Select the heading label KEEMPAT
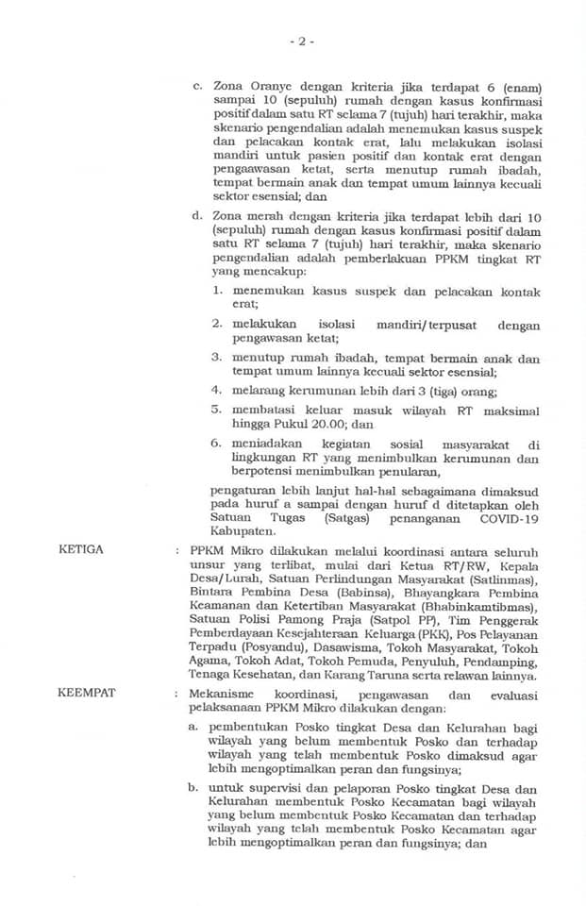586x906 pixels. [86, 695]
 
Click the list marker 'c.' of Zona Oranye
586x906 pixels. [198, 88]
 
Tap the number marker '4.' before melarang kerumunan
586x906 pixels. [216, 389]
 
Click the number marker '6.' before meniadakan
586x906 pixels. [216, 444]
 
